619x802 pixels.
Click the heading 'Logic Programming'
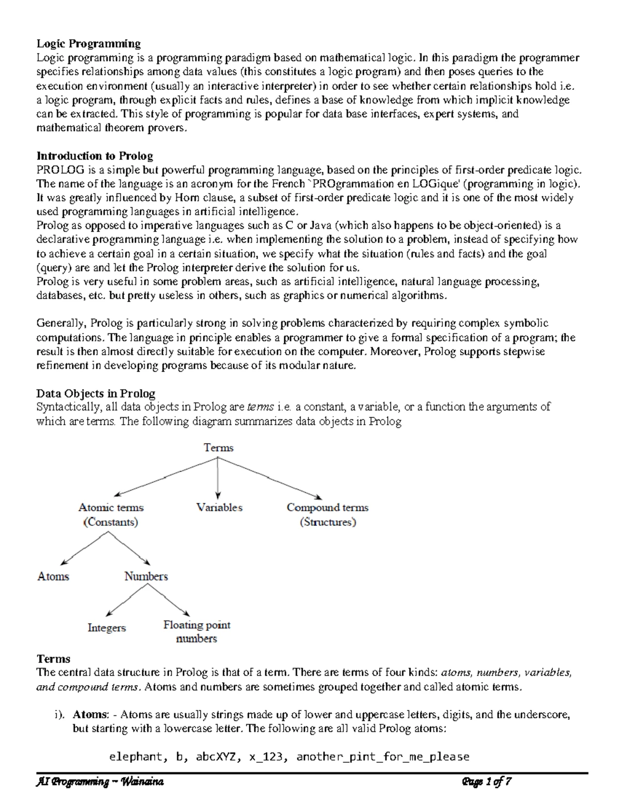point(88,43)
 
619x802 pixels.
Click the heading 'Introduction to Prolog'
point(94,156)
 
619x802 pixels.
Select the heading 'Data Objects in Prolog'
point(95,394)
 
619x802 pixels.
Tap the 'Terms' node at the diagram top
point(219,448)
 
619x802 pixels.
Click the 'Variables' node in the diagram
point(219,508)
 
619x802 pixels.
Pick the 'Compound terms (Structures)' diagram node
point(328,514)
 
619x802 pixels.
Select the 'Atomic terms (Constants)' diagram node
point(111,514)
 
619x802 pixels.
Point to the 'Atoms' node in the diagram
point(53,576)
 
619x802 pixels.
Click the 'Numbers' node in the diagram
point(146,576)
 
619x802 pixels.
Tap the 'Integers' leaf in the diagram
point(107,628)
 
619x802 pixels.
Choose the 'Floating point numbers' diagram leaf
point(197,632)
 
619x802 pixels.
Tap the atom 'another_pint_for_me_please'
point(383,757)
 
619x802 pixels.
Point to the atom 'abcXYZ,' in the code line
point(217,757)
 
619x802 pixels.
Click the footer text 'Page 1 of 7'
point(487,782)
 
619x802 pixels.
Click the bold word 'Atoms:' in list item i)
point(91,715)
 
